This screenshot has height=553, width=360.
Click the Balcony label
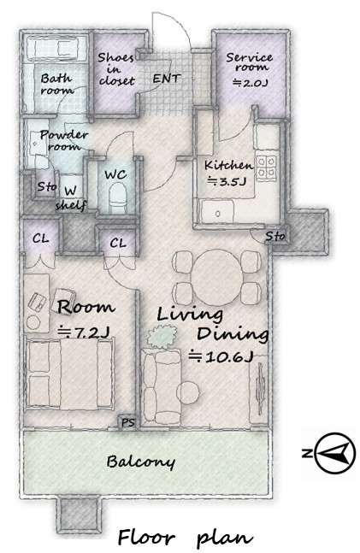(x=140, y=462)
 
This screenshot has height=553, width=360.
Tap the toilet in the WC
(x=117, y=197)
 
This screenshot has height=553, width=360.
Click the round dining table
(x=217, y=277)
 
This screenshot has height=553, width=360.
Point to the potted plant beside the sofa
(x=162, y=337)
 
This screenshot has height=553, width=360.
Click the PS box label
(x=128, y=422)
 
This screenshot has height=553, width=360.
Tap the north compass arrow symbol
(x=334, y=452)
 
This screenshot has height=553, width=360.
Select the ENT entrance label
(x=167, y=78)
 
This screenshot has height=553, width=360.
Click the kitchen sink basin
(x=217, y=212)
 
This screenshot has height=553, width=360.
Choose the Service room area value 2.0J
(x=251, y=83)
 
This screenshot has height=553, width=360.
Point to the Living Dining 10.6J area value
(x=221, y=356)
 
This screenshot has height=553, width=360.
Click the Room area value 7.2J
(x=84, y=332)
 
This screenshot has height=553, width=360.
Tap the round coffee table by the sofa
(x=188, y=392)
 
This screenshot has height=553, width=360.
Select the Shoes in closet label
(x=116, y=69)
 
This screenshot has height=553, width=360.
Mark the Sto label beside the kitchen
(x=275, y=236)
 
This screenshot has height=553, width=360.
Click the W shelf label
(x=71, y=197)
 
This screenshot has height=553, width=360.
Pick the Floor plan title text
(x=185, y=538)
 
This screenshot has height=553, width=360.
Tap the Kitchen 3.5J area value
(x=226, y=182)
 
